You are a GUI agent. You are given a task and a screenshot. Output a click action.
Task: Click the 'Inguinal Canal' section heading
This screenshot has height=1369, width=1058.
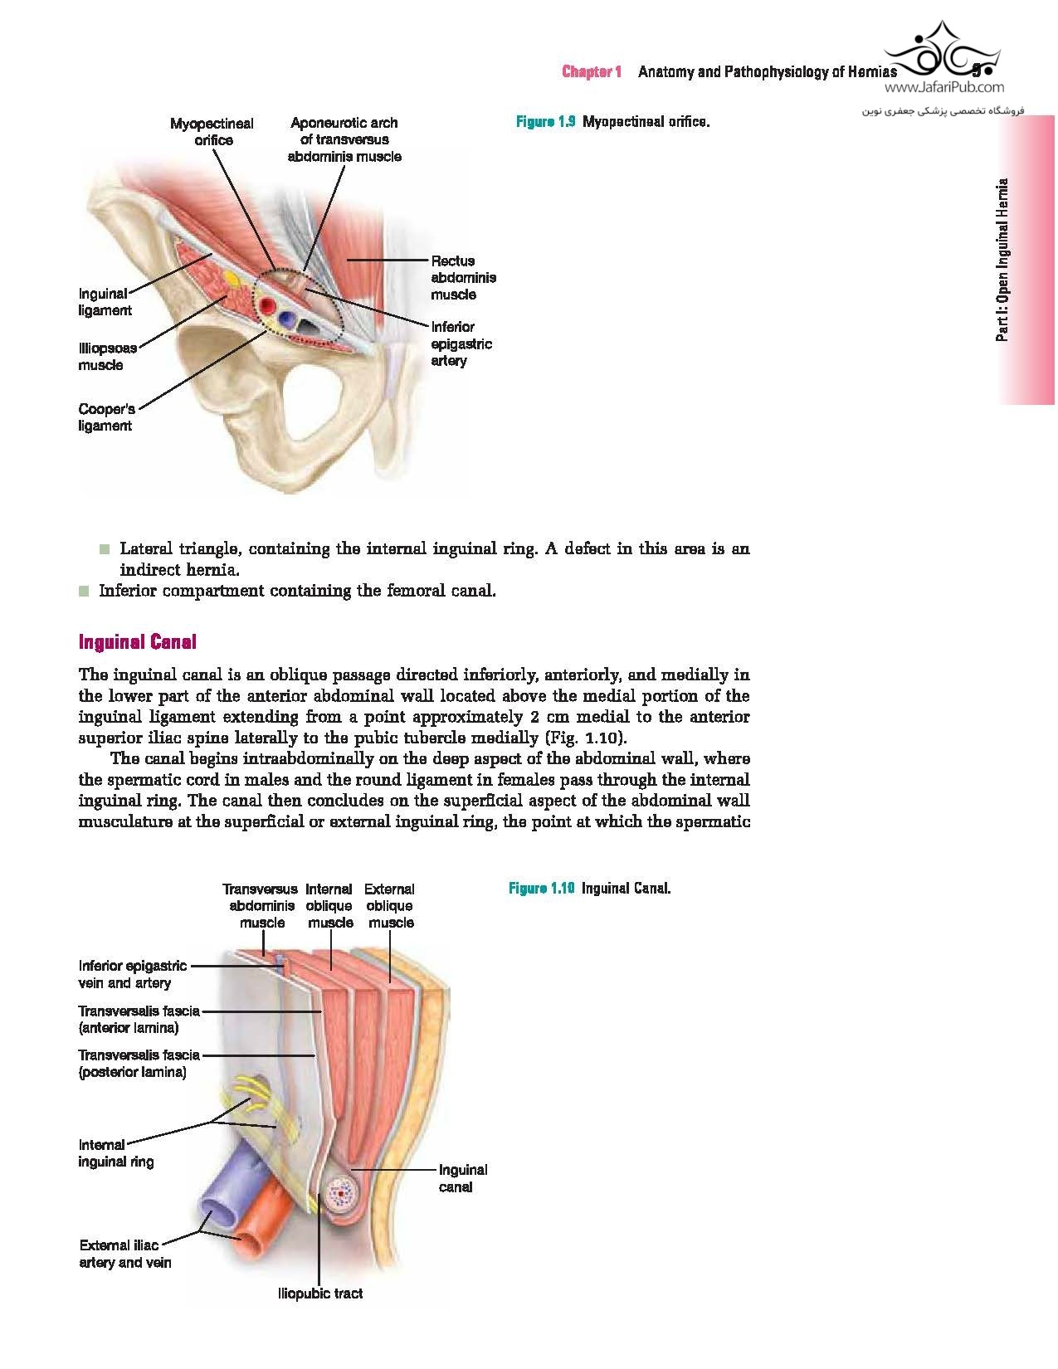click(137, 641)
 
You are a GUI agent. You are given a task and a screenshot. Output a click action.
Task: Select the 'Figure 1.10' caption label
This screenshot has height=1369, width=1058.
click(541, 889)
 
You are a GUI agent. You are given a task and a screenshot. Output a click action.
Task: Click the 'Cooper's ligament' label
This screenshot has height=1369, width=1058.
click(105, 417)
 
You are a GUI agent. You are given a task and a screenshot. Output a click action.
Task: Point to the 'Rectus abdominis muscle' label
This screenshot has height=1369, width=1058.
click(463, 278)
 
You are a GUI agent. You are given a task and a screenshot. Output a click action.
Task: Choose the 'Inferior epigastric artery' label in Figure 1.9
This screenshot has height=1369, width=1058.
click(461, 343)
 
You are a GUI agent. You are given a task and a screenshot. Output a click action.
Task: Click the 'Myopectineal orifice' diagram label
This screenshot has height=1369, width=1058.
click(212, 132)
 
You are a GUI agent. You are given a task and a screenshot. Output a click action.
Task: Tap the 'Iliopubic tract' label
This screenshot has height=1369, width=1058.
click(319, 1293)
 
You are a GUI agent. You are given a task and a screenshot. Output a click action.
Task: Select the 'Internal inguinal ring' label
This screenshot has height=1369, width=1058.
click(115, 1153)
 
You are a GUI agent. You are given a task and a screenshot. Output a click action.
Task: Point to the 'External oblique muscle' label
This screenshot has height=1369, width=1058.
click(390, 905)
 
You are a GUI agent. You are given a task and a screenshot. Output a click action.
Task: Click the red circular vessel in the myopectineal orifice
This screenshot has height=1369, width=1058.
click(268, 307)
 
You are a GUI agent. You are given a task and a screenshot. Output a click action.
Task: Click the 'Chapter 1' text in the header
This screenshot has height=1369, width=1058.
click(592, 72)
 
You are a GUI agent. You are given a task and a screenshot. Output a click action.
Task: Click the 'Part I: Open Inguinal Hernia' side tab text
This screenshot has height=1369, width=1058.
click(1003, 260)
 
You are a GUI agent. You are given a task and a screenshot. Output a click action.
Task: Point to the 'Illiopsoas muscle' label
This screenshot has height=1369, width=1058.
click(107, 357)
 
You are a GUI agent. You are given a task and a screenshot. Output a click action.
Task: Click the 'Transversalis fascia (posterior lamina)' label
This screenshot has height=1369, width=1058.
click(139, 1063)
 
